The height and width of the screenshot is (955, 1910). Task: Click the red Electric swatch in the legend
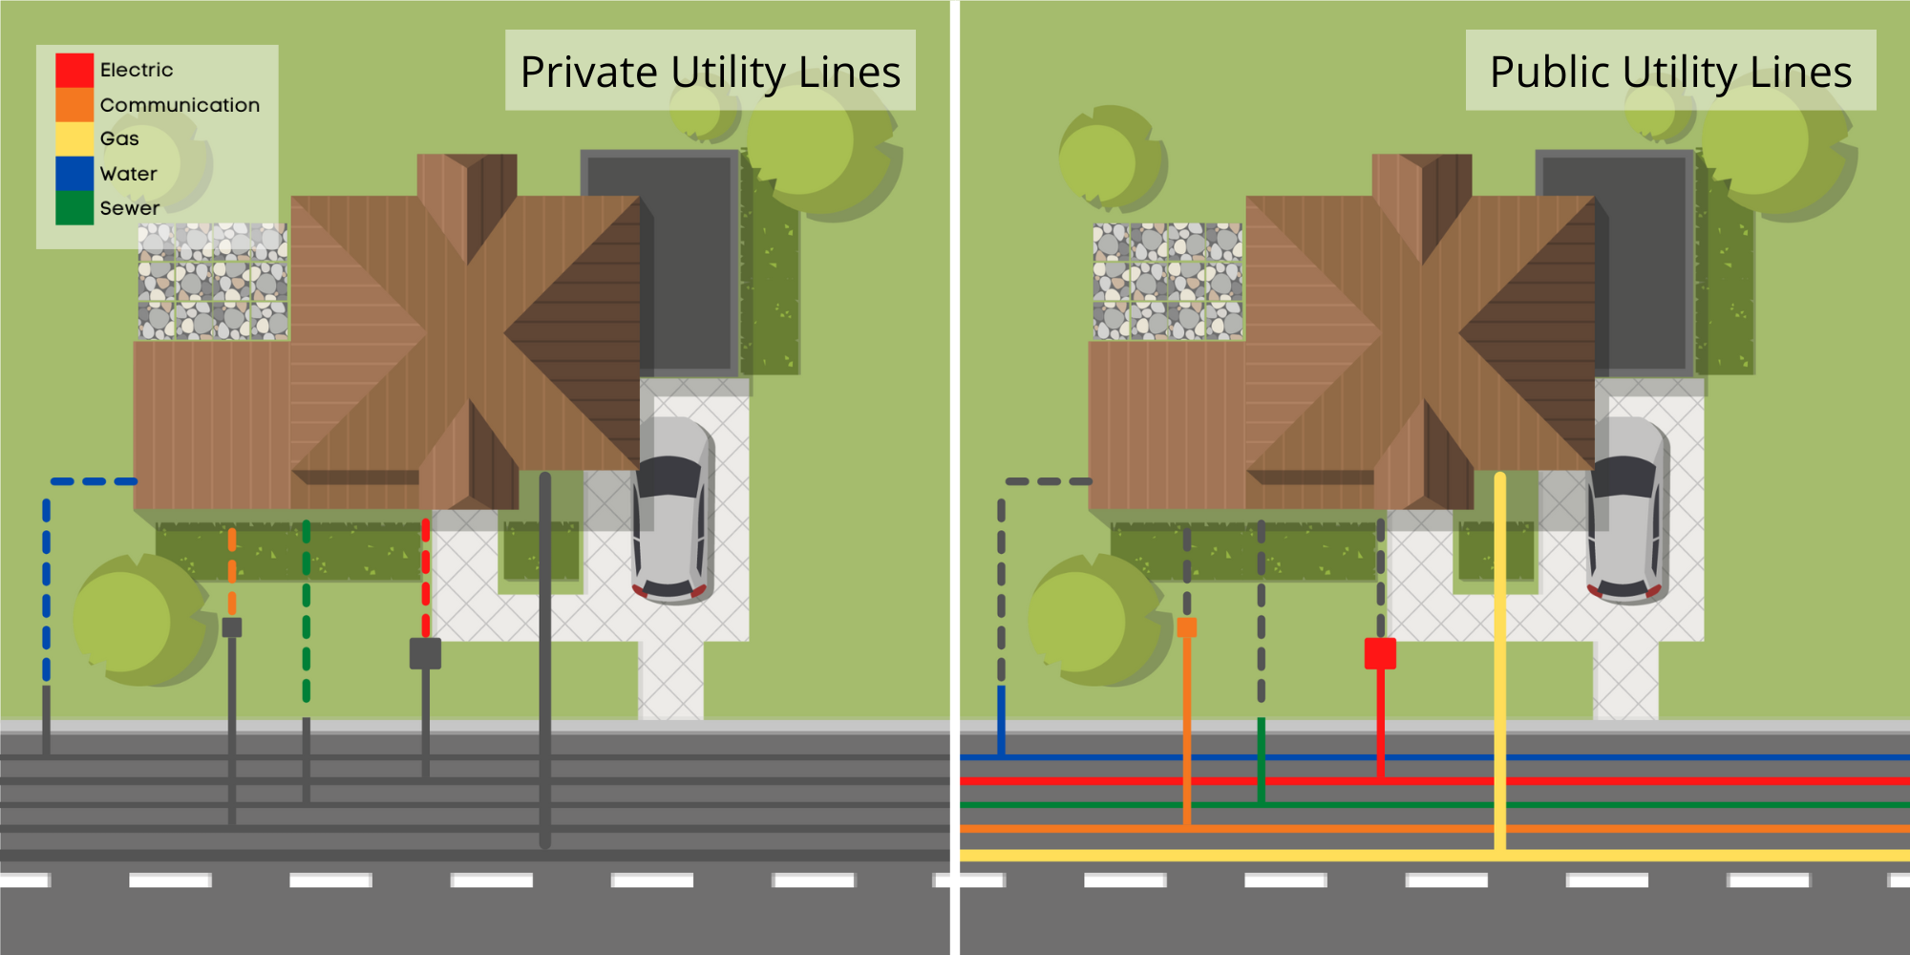click(74, 70)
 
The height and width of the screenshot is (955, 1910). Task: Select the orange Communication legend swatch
click(74, 105)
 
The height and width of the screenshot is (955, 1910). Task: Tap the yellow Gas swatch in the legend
click(74, 138)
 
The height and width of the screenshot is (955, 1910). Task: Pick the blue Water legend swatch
click(74, 174)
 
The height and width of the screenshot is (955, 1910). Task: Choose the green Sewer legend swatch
click(74, 208)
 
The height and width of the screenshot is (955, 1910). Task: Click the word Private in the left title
click(589, 73)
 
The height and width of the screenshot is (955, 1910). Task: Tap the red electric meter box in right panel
click(1380, 653)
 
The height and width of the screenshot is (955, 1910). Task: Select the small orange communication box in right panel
click(1187, 627)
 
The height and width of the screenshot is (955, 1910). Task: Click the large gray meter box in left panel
click(425, 653)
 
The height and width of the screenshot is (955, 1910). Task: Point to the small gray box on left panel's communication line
click(232, 627)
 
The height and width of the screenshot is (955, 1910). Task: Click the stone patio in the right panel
click(1168, 282)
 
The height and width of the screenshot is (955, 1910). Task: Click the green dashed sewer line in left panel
click(307, 611)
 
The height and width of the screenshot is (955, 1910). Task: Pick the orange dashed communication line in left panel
click(232, 573)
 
